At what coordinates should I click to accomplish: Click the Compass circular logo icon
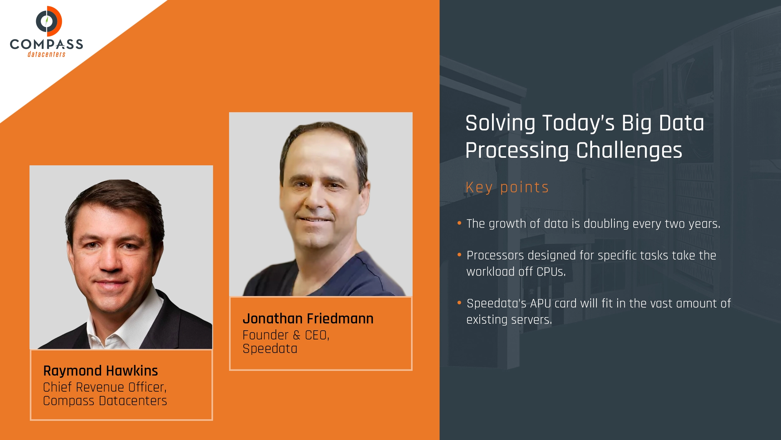tap(49, 21)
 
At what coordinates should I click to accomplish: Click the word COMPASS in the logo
tap(46, 44)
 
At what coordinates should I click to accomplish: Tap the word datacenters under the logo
tap(46, 54)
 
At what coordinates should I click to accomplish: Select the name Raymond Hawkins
tap(100, 371)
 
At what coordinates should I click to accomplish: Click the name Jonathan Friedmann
tap(308, 319)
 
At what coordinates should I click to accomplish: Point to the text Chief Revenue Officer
tap(104, 387)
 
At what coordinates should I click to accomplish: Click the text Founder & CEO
tap(286, 335)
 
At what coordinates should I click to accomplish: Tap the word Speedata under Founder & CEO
tap(270, 349)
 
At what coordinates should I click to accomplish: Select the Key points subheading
tap(507, 187)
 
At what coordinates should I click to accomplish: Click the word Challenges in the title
tap(629, 150)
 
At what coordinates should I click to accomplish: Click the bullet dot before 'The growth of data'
tap(459, 223)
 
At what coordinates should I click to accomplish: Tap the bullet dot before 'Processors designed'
tap(459, 255)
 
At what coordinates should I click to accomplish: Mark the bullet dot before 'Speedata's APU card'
tap(459, 303)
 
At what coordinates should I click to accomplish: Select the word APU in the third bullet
tap(540, 304)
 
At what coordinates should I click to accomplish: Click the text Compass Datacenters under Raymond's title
tap(105, 401)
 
